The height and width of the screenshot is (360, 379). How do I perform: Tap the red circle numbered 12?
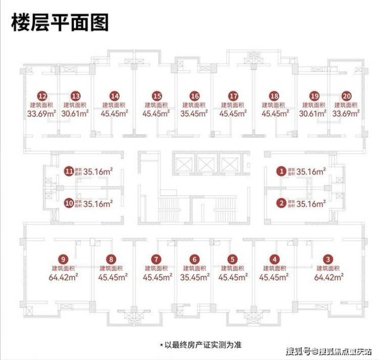(43, 96)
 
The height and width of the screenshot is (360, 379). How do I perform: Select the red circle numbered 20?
(347, 96)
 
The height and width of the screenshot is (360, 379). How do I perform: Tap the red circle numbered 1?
(281, 171)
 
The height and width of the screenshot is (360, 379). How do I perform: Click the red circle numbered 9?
(64, 259)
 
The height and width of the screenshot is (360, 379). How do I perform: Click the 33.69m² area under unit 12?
(42, 114)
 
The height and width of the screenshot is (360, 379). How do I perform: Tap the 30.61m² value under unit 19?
(314, 114)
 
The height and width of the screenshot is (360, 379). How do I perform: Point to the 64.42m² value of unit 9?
(64, 278)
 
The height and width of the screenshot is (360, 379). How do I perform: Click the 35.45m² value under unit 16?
(194, 114)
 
